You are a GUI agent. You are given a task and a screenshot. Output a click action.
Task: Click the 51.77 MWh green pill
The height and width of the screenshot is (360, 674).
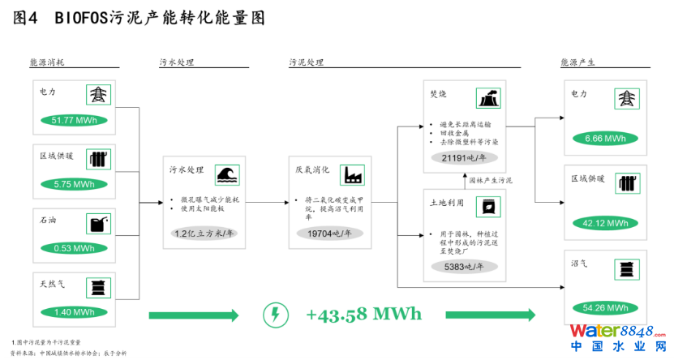(74, 121)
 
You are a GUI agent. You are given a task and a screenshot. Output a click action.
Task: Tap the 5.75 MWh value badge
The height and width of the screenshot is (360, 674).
(74, 184)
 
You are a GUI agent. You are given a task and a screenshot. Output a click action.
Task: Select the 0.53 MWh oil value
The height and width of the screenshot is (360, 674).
(74, 248)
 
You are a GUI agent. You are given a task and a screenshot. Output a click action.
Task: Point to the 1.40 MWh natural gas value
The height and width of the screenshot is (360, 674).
(74, 312)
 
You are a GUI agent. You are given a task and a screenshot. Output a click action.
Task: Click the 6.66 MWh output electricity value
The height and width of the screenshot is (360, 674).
(605, 139)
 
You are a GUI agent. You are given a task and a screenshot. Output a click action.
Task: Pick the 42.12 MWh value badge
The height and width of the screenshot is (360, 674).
(605, 223)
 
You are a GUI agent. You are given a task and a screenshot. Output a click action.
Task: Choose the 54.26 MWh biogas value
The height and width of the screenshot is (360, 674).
(605, 307)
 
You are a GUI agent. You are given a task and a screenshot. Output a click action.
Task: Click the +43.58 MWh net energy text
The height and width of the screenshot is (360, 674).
(364, 314)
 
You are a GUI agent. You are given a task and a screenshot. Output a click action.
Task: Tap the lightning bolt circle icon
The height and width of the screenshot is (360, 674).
(277, 315)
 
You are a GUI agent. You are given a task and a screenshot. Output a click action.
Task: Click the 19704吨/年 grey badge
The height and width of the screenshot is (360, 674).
(324, 234)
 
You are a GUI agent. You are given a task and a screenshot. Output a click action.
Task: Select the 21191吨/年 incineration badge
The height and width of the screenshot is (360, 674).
(464, 158)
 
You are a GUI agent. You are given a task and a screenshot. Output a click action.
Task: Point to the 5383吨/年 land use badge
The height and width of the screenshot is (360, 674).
(464, 266)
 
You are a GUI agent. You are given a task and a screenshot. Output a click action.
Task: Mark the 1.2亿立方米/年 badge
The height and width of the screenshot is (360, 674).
(198, 234)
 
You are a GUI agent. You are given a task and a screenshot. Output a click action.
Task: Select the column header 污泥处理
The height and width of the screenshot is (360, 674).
(307, 62)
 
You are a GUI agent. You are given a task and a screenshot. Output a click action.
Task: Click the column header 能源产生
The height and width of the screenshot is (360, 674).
(578, 62)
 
